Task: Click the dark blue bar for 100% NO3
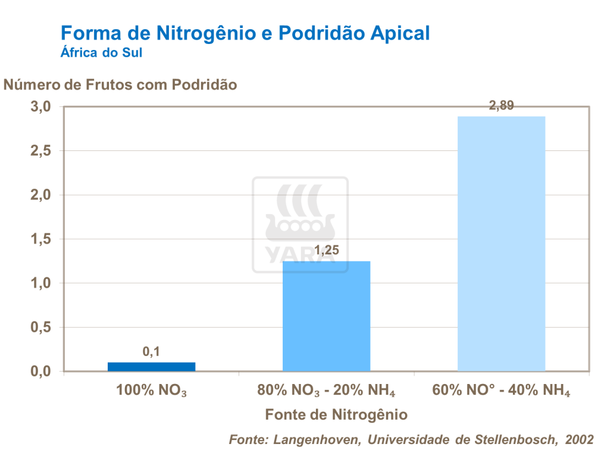click(151, 366)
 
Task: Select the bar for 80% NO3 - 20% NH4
click(326, 316)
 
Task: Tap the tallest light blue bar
click(501, 243)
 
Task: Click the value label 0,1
click(151, 352)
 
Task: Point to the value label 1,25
click(326, 251)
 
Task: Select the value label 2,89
click(501, 106)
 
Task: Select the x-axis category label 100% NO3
click(151, 392)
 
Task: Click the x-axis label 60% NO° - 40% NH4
click(501, 392)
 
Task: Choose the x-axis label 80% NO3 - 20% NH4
click(326, 392)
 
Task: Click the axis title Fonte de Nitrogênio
click(336, 414)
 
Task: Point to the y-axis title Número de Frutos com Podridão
click(120, 84)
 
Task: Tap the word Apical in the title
click(396, 33)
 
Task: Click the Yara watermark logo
click(300, 225)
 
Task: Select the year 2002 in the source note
click(579, 439)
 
